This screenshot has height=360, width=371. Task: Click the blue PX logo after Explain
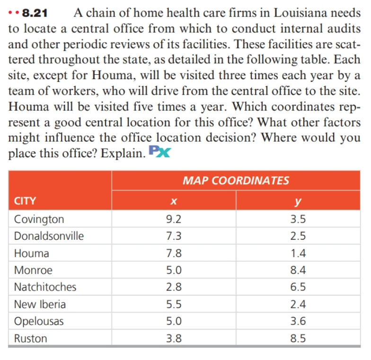[x=159, y=153]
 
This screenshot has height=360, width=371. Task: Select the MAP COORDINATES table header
[x=236, y=180]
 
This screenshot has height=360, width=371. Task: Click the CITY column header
[x=25, y=200]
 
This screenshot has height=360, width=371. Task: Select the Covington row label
[x=39, y=219]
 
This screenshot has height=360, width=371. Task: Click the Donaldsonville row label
[x=49, y=236]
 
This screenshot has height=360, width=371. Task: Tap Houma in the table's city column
[x=31, y=253]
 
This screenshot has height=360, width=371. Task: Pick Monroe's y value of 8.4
[x=298, y=270]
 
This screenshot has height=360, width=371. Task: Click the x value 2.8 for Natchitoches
[x=174, y=287]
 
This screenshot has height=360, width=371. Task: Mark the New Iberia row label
[x=40, y=304]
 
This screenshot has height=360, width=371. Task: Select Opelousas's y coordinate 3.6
[x=298, y=321]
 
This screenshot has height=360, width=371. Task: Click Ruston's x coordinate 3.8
[x=174, y=338]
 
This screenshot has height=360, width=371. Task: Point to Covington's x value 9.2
[x=174, y=219]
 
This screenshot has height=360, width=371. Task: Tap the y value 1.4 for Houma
[x=298, y=253]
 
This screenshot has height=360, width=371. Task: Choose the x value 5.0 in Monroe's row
[x=174, y=270]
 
